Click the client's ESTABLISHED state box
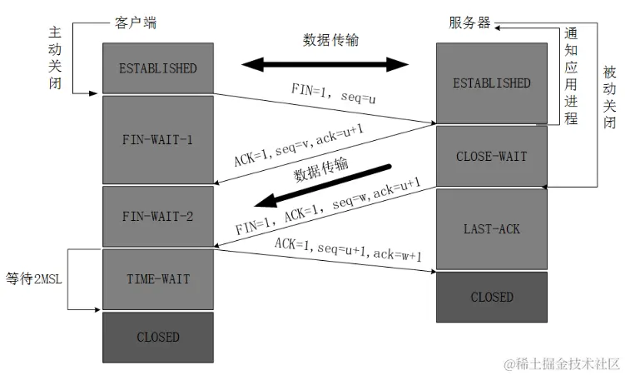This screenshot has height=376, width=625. click(x=157, y=68)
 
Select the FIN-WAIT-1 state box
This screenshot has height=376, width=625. click(x=157, y=139)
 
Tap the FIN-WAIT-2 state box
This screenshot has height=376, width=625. click(x=157, y=217)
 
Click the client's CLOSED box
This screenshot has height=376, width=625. click(x=157, y=337)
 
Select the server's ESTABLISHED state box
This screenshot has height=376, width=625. click(x=491, y=83)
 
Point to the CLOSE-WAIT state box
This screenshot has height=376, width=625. click(x=491, y=156)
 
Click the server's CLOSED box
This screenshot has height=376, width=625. click(x=491, y=297)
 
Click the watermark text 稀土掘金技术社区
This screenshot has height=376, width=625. click(x=565, y=363)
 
